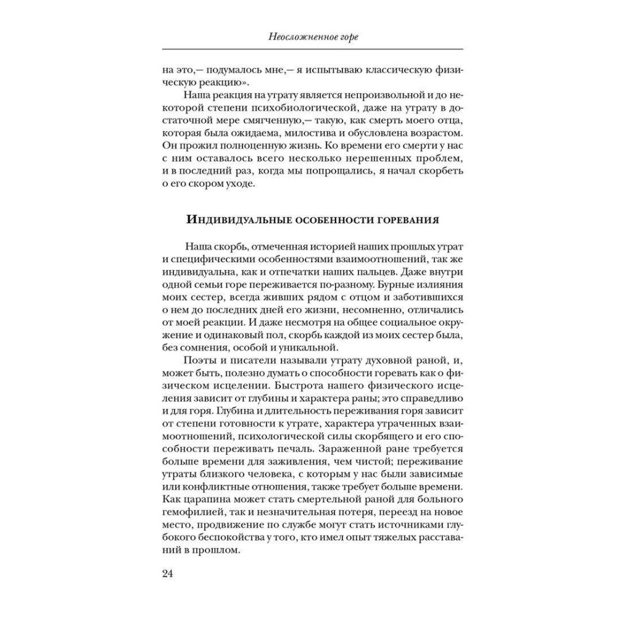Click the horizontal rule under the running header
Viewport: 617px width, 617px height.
(308, 48)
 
